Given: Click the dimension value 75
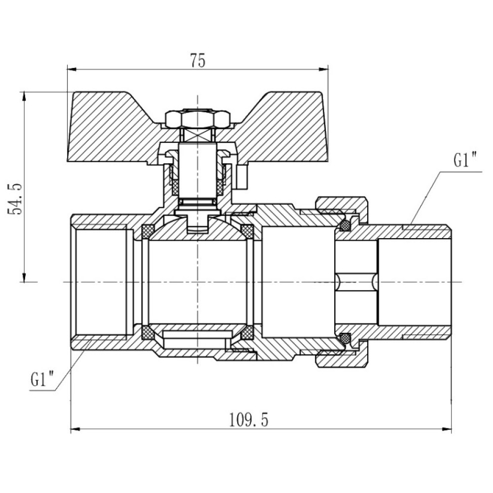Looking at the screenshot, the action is tap(198, 60).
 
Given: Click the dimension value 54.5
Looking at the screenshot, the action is tap(15, 199).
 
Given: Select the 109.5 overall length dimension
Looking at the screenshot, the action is tap(248, 420).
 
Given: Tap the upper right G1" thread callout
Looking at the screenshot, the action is tap(465, 161).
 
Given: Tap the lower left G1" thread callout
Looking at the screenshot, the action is tap(42, 379).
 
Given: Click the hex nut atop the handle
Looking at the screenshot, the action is tap(196, 118).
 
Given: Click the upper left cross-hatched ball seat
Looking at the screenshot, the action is tap(148, 232).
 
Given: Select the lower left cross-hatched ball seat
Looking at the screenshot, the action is tap(148, 332).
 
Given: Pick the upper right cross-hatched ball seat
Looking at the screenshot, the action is tap(247, 232).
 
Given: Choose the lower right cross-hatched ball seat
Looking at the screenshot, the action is tap(247, 332).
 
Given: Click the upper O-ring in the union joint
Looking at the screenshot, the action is tap(346, 225).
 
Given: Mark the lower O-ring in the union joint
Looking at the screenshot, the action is tap(346, 338).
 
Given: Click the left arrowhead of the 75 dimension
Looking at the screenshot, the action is tap(72, 69).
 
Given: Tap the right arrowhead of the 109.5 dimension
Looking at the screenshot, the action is tap(447, 429).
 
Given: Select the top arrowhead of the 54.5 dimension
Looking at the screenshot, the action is tap(24, 97).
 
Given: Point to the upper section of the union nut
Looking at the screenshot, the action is tap(342, 208).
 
